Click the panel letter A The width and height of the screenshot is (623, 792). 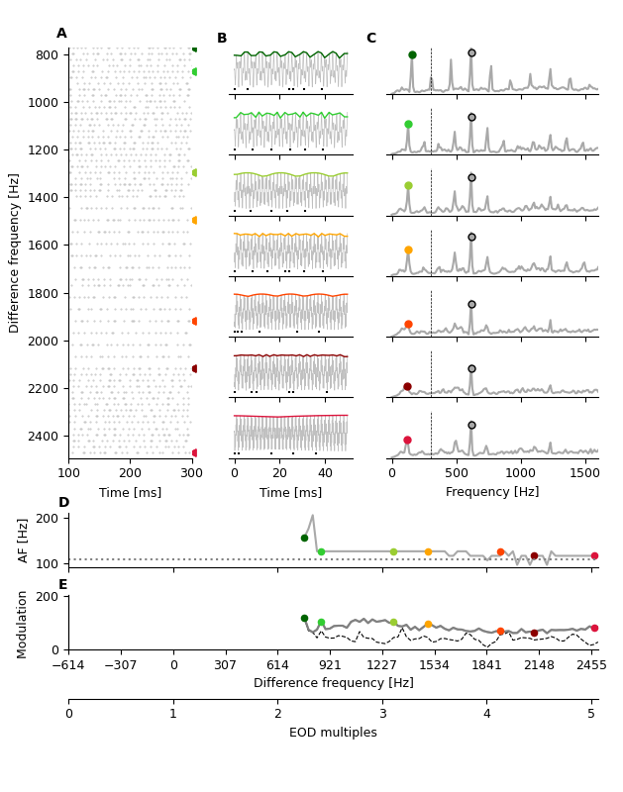coord(61,34)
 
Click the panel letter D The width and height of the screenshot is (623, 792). coord(63,503)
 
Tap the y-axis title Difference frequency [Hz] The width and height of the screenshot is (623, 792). coord(15,252)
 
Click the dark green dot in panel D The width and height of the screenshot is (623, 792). coord(304,538)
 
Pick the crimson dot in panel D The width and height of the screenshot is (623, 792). coord(594,555)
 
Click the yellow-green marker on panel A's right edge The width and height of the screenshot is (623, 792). coord(195,172)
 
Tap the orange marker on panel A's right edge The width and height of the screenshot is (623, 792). coord(195,220)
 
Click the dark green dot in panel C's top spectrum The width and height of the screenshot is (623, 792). coord(412,54)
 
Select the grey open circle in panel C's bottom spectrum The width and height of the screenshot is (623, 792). coord(471,425)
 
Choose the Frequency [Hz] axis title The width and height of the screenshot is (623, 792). coord(492,492)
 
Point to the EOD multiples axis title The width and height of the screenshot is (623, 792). coord(333,733)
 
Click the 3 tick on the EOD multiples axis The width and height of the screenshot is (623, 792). coord(382,714)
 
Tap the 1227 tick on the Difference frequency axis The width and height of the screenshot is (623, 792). coord(382,665)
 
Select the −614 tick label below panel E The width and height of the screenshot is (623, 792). coord(68,665)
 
